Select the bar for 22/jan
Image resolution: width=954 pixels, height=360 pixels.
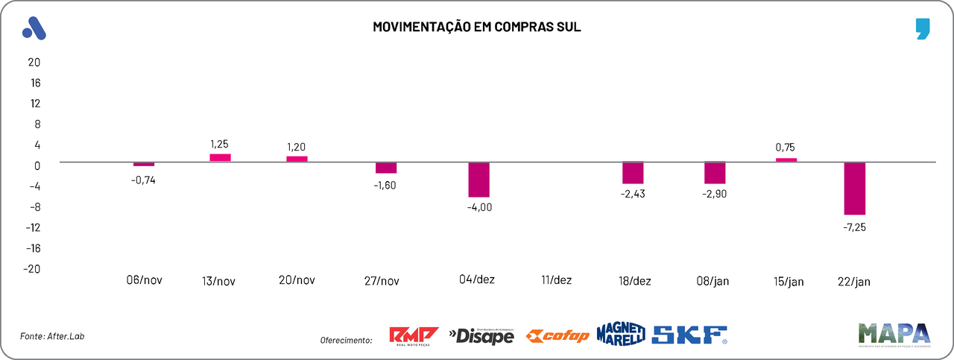tap(854, 188)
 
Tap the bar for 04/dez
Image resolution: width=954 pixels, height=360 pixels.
tap(478, 179)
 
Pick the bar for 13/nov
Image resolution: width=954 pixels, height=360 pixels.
tap(220, 157)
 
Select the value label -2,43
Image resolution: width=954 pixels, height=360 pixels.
tap(633, 195)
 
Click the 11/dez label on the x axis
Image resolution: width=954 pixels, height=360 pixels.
tap(556, 280)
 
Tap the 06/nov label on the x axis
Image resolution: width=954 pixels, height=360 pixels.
tap(144, 280)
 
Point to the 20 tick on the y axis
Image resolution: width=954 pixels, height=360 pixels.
tap(34, 62)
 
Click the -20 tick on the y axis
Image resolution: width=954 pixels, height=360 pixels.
tap(31, 269)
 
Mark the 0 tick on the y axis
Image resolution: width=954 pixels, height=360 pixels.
tap(37, 165)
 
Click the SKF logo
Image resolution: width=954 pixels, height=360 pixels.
tap(689, 335)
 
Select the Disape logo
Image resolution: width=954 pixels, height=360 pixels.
tap(481, 336)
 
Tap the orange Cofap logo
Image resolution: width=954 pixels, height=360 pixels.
tap(557, 336)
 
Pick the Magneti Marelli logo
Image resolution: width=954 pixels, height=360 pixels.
tap(620, 335)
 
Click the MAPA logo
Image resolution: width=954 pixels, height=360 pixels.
tap(894, 333)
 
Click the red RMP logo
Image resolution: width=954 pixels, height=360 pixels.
tap(414, 335)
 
